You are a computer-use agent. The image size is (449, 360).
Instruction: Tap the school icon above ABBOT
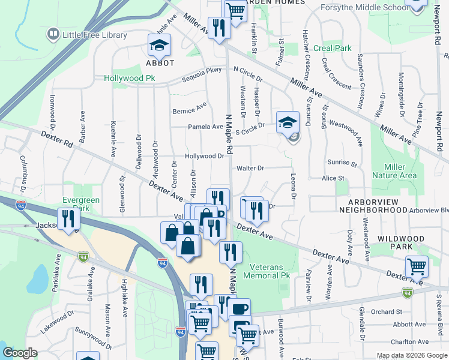tap(160, 45)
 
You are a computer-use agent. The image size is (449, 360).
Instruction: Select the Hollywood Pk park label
tap(129, 79)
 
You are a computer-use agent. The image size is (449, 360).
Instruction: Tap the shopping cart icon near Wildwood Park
tap(417, 266)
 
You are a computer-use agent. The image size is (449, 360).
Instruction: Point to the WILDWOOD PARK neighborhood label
tap(401, 242)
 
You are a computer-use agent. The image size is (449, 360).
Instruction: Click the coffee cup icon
tap(240, 309)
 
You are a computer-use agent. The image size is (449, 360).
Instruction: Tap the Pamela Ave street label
tap(206, 127)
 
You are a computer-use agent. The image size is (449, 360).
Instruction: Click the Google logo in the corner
tap(20, 353)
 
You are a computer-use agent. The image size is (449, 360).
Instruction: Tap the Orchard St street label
tap(386, 312)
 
